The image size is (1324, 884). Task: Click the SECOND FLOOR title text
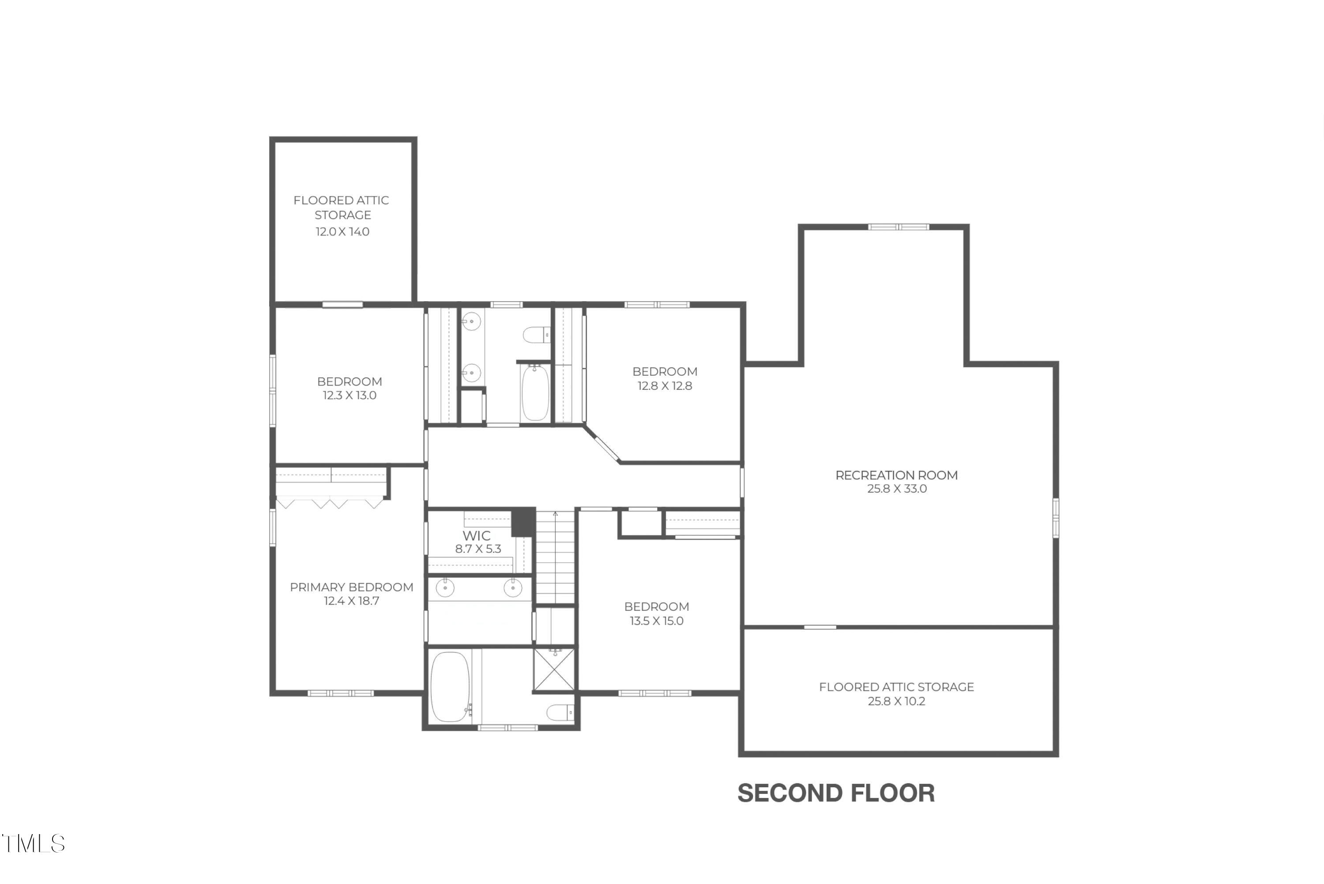tap(835, 793)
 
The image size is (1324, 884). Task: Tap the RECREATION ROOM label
tap(896, 475)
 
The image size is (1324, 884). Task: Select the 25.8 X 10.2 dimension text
tap(896, 701)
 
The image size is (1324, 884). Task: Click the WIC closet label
tap(477, 536)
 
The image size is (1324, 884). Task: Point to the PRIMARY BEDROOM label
tap(352, 587)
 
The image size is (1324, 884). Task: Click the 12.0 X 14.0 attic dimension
tap(342, 232)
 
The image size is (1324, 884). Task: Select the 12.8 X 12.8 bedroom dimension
tap(665, 386)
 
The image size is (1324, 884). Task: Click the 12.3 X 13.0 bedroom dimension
tap(349, 395)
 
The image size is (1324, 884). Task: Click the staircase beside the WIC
tap(555, 558)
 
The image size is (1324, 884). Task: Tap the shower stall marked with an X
tap(555, 669)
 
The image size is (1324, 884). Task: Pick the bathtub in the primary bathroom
tap(450, 687)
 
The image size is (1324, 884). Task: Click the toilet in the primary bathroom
tap(560, 713)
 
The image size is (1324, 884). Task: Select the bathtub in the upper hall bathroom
tap(534, 393)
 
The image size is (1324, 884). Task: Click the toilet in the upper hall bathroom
tap(536, 335)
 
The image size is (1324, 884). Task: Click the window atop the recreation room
tap(898, 227)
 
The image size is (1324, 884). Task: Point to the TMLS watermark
tap(34, 844)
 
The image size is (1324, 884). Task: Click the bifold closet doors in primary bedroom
tap(330, 502)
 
